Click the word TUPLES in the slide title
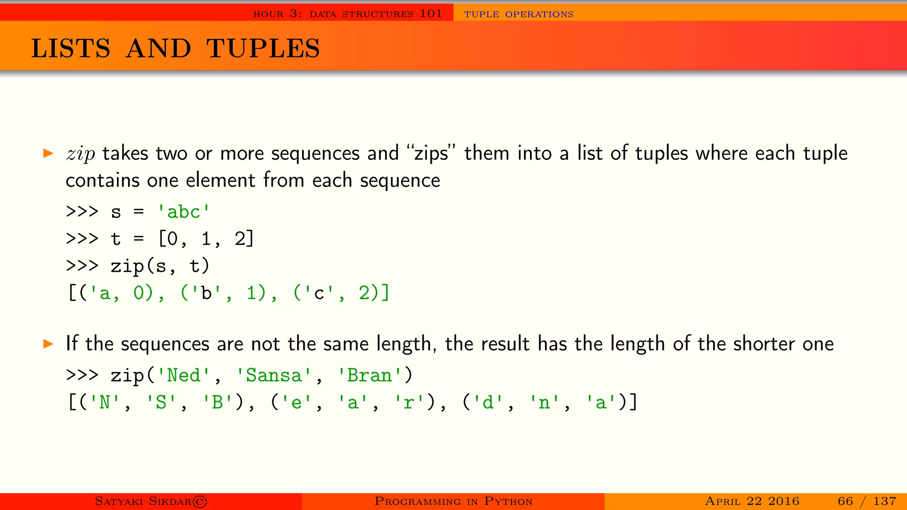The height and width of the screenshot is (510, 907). click(x=263, y=48)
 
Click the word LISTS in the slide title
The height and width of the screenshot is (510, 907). click(x=70, y=48)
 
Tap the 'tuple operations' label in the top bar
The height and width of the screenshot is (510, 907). click(x=519, y=14)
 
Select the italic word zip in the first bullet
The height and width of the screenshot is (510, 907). click(x=81, y=154)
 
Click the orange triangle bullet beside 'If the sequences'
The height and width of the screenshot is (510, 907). click(x=48, y=344)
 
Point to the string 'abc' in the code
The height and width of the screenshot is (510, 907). click(x=184, y=212)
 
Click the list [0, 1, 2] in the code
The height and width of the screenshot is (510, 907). click(x=206, y=239)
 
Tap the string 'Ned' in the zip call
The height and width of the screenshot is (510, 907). click(x=183, y=375)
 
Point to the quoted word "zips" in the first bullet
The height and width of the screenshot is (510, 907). click(x=431, y=154)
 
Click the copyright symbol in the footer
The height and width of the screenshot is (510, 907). click(x=200, y=502)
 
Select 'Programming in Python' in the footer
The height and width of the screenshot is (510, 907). click(x=453, y=501)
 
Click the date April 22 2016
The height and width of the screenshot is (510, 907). click(x=752, y=501)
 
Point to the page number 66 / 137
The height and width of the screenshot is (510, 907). click(x=867, y=501)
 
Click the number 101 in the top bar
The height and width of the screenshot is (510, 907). click(x=431, y=14)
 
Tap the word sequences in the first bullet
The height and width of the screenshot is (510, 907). click(x=315, y=154)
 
